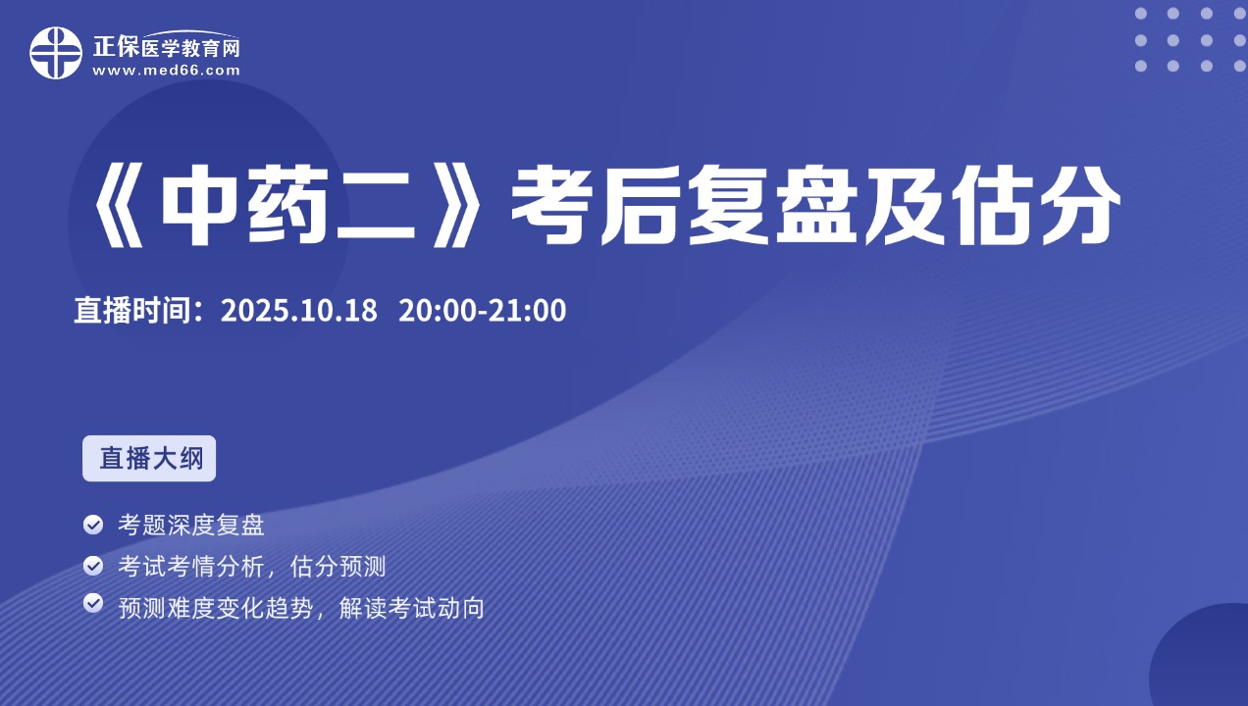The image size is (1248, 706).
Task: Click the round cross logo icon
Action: pos(56,53)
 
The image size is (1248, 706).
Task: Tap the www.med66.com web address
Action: pos(166,71)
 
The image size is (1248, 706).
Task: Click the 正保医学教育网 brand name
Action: pos(166,47)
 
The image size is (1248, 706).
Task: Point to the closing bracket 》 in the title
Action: pos(457,206)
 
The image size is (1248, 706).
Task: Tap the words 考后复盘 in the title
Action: pos(684,206)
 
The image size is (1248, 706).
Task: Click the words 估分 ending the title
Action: pos(1036,206)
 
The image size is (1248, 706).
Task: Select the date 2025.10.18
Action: pos(298,310)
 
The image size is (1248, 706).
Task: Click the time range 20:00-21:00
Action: pos(483,310)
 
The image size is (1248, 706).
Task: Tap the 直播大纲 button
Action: pos(149,458)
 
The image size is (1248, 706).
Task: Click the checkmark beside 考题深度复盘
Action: pos(93,525)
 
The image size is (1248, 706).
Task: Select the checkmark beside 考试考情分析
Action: pos(93,566)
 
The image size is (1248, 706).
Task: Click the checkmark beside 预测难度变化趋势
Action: pos(93,603)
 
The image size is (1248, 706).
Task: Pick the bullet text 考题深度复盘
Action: pos(191,525)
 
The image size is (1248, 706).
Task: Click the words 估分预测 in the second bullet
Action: pos(338,567)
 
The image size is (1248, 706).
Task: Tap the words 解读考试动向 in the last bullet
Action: pos(412,608)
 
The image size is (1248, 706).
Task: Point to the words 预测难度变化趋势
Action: pos(216,608)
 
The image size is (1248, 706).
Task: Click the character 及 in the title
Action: pos(905,206)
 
